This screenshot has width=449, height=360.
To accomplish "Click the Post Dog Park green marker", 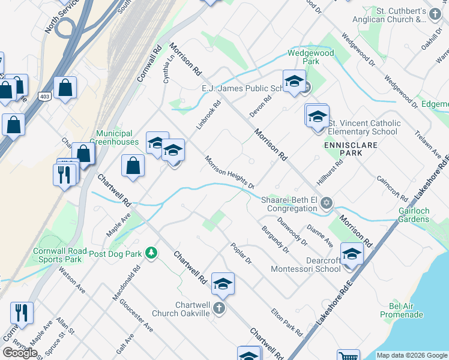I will pos(152,253).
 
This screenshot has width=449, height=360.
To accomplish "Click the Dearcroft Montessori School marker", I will pos(351,254).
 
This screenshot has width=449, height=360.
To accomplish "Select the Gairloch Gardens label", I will pos(414,215).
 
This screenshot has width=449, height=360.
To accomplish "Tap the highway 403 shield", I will pos(44,96).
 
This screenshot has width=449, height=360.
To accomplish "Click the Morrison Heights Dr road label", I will pos(229,172).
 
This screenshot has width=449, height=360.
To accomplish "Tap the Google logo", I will pos(20,352).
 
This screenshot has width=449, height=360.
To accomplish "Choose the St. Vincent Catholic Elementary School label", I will pos(363,127).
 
